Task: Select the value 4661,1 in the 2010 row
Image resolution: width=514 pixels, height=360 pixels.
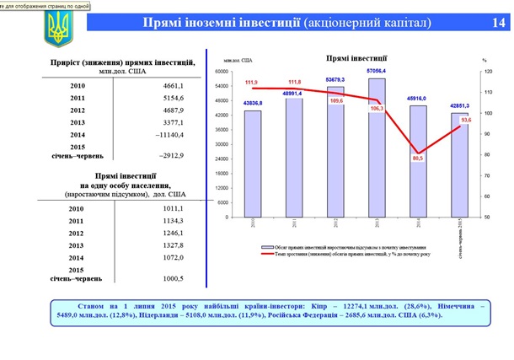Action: pos(174,85)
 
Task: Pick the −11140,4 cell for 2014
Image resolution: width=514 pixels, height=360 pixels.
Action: pos(172,134)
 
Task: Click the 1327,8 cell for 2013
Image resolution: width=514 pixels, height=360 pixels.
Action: pos(174,245)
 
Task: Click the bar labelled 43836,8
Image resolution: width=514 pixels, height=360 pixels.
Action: pos(253,164)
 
